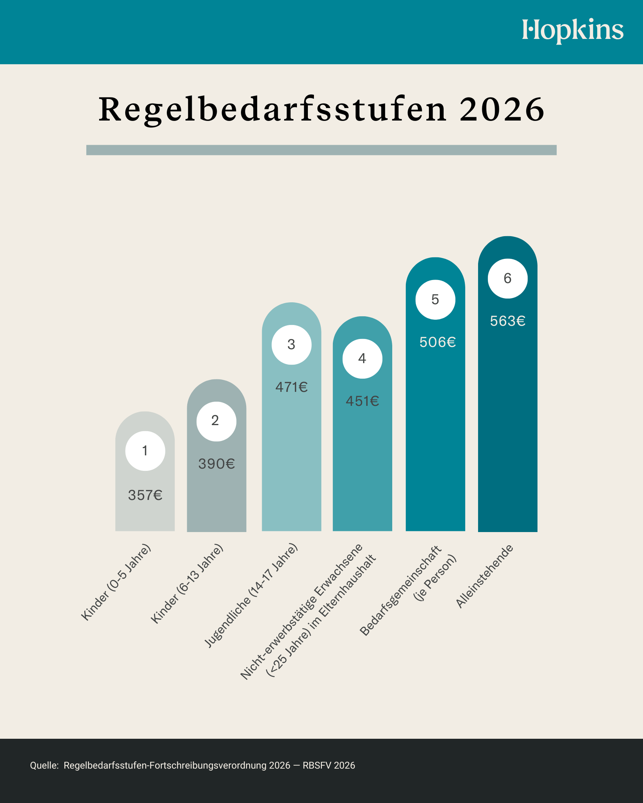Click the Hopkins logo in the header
(x=572, y=30)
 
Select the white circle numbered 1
(x=145, y=451)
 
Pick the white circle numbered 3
(x=291, y=345)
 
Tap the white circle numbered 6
(x=508, y=278)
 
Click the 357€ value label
(x=145, y=495)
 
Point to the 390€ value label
(x=217, y=464)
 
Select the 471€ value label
(x=291, y=387)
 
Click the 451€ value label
(x=362, y=401)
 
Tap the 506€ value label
(x=438, y=342)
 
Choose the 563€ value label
(x=508, y=321)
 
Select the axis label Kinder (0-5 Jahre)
(x=116, y=582)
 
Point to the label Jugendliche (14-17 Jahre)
(x=251, y=596)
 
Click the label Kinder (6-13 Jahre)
(x=187, y=583)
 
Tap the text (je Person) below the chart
(x=435, y=578)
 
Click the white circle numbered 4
(x=362, y=359)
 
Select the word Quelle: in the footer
(x=44, y=766)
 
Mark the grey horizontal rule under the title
(x=321, y=150)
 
